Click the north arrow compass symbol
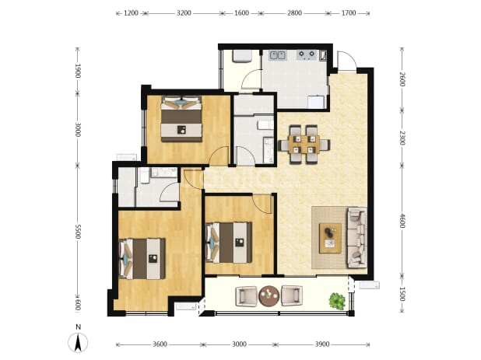coord(79,341)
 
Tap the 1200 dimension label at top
coord(131,13)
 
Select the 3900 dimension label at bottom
coord(322,344)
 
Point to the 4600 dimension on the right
coord(402,221)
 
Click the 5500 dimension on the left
coord(78,232)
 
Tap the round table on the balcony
coord(269,296)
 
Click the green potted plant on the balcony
coord(337,301)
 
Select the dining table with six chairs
coord(304,145)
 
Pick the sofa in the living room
coord(356,237)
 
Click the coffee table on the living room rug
coord(330,239)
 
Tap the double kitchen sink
coord(277,55)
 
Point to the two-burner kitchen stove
coord(307,55)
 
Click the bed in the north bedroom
coord(181,119)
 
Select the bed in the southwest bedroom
coord(142,259)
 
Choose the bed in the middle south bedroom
coord(229,243)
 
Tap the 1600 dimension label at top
coord(241,13)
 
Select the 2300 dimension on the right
coord(402,138)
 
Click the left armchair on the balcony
coord(246,296)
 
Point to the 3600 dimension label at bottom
coord(160,344)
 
